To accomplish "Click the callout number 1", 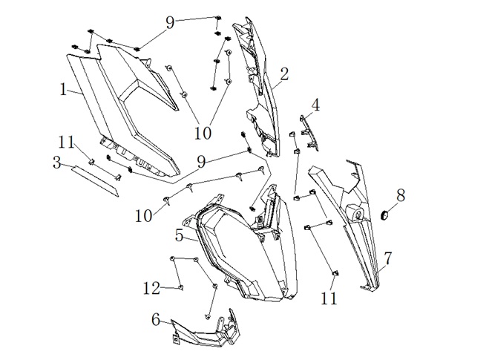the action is (64, 90).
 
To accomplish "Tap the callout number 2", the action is (284, 74).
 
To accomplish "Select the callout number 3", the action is (56, 163).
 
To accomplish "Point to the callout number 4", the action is (315, 105).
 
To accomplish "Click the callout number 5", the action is (179, 235).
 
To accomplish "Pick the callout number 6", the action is (156, 320).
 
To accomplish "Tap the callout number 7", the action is (387, 258).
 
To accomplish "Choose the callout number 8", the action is (401, 195).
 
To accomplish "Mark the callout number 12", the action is (151, 288).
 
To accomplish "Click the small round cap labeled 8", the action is (385, 215).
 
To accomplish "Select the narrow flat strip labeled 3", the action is (95, 182).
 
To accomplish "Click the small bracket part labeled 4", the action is (309, 133).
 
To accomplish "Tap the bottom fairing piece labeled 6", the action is (206, 329).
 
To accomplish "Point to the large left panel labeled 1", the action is (125, 109).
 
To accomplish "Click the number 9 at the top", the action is (170, 23).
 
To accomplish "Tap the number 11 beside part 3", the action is (67, 143).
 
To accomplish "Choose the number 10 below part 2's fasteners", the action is (203, 133).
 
